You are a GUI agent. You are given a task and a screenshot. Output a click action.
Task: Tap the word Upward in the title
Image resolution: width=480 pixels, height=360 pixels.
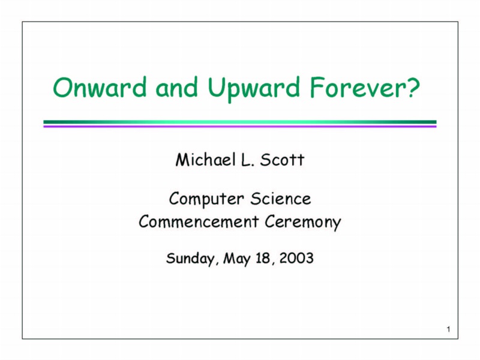point(253,89)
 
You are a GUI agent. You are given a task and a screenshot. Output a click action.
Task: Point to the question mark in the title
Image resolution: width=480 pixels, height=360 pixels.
point(413,87)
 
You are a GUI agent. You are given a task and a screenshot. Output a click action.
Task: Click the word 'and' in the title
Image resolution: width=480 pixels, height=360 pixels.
point(176,87)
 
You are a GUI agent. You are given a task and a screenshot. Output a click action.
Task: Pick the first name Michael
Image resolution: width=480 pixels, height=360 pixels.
point(205,160)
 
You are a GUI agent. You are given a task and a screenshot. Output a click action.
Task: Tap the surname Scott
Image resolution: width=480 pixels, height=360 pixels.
point(282,160)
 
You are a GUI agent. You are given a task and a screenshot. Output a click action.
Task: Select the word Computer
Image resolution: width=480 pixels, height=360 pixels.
point(206,199)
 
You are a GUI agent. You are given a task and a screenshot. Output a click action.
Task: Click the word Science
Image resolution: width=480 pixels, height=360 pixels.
point(281,199)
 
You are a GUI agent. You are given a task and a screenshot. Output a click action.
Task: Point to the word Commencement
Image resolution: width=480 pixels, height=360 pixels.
point(199,221)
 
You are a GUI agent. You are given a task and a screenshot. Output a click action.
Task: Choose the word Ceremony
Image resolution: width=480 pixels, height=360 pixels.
point(303,222)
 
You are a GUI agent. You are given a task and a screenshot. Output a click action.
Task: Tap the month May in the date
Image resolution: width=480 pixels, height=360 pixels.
point(236,259)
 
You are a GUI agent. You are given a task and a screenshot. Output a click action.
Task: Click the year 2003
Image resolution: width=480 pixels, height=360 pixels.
point(296,258)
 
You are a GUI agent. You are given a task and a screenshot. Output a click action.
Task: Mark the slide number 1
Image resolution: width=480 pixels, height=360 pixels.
point(448,329)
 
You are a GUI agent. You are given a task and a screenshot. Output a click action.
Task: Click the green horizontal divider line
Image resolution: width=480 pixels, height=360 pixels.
point(240,122)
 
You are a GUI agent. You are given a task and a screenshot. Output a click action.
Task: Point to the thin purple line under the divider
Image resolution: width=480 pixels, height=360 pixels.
point(240,126)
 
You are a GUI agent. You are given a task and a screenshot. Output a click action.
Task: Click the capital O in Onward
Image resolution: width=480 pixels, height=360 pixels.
point(62,87)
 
